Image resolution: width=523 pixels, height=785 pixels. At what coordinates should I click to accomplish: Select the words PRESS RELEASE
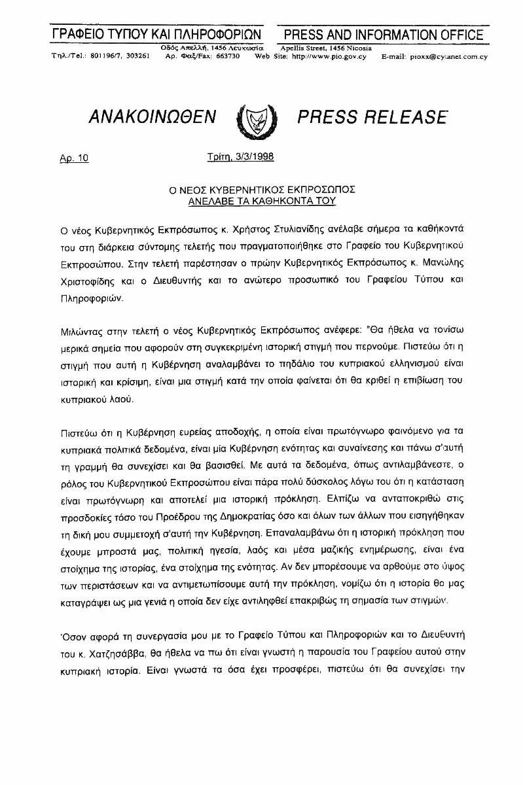pos(372,117)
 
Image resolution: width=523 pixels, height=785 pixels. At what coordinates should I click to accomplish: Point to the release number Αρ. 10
pos(73,158)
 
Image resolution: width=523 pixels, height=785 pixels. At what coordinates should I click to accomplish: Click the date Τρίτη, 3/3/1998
pos(240,156)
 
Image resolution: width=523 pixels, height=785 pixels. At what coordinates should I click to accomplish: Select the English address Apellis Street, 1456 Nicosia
pos(326,48)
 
